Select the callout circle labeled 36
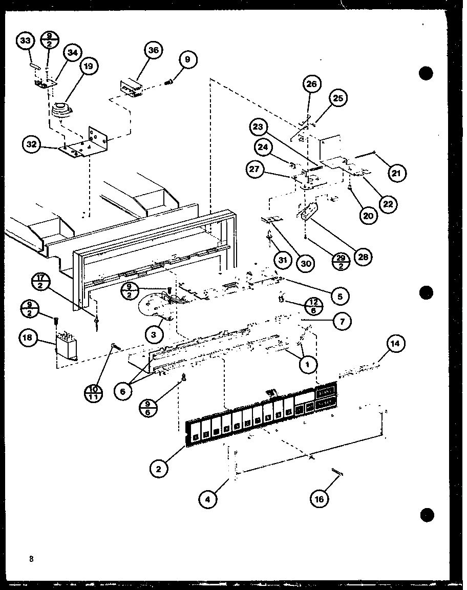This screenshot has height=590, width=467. click(x=154, y=50)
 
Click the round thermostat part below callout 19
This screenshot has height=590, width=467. click(x=61, y=109)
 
